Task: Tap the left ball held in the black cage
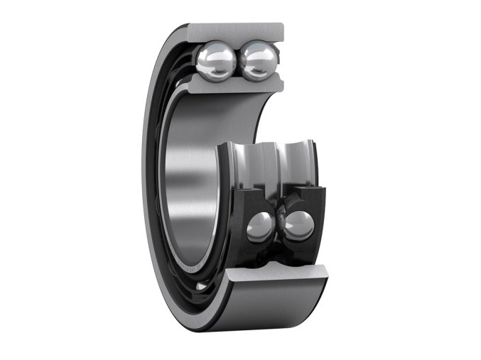click(x=259, y=227)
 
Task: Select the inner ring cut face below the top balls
click(x=238, y=87)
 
